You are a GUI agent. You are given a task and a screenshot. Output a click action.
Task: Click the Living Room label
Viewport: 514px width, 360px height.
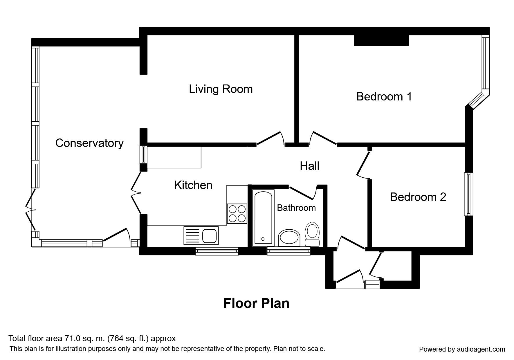click(221, 89)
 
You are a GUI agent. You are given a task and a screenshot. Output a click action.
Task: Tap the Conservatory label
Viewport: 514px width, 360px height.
click(89, 143)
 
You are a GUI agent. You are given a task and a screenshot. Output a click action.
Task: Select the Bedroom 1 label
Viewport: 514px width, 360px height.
click(384, 96)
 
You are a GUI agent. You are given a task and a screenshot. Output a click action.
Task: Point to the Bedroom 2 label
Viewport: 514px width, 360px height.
click(418, 197)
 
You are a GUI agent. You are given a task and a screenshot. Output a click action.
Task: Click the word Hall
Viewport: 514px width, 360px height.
click(309, 166)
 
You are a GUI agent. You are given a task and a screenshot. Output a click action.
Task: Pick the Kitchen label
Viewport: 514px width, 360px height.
click(193, 185)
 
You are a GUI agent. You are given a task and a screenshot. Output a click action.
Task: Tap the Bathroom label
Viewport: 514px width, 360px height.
click(296, 208)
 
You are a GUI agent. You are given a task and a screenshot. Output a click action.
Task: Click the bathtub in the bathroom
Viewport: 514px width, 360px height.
click(263, 217)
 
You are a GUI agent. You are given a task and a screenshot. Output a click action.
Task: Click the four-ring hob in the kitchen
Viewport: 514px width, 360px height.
click(237, 213)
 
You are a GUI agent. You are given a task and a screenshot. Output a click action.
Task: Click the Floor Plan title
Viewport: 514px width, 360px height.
click(256, 303)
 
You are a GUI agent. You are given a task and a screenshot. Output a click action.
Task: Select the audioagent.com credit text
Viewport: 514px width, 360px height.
click(462, 349)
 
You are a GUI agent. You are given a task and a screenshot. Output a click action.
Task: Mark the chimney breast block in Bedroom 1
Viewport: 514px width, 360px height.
click(381, 40)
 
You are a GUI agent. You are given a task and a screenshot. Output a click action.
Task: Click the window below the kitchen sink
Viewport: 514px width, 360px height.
click(217, 251)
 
